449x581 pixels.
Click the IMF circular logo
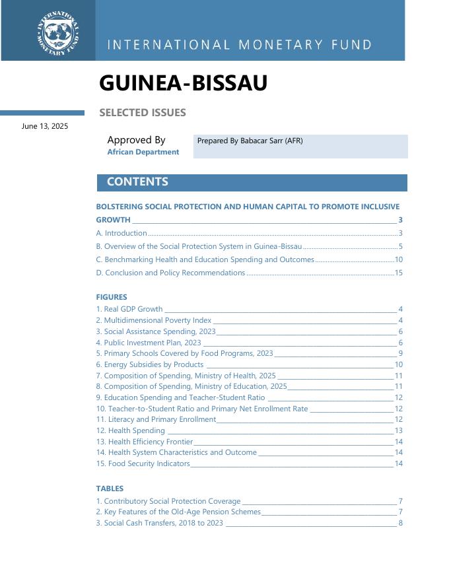(58, 32)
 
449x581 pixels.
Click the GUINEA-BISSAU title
(183, 83)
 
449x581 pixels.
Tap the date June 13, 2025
(45, 126)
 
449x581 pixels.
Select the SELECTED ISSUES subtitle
(143, 112)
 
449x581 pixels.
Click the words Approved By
(136, 140)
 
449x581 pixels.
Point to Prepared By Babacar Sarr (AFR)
(250, 141)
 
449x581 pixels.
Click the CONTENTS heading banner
(137, 182)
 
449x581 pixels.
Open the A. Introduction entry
(121, 233)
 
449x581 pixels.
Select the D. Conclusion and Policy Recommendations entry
(170, 273)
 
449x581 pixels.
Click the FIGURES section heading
(112, 297)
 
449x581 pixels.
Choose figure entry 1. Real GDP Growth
(129, 309)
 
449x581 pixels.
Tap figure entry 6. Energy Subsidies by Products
(150, 364)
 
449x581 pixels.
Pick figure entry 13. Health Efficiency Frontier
(145, 442)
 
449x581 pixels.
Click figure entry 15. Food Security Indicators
(143, 463)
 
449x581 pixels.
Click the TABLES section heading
(110, 489)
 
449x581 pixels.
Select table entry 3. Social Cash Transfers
(160, 523)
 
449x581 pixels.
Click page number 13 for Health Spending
(398, 430)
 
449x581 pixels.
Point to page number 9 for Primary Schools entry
(400, 353)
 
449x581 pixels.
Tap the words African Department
(143, 152)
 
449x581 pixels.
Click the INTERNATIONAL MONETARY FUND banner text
(239, 46)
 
